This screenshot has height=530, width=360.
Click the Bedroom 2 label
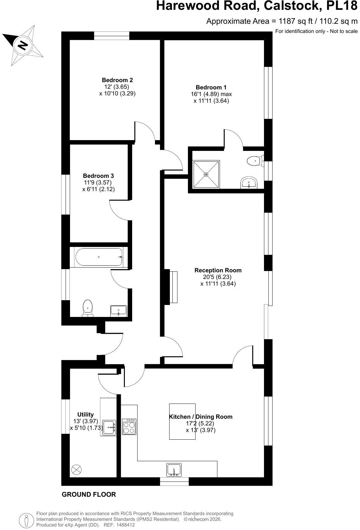pyautogui.click(x=117, y=80)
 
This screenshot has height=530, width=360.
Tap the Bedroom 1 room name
pyautogui.click(x=211, y=87)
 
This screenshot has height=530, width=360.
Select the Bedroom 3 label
pyautogui.click(x=98, y=176)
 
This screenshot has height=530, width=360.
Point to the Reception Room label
pyautogui.click(x=218, y=270)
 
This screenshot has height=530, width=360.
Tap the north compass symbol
pyautogui.click(x=23, y=45)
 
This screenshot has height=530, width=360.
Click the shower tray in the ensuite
pyautogui.click(x=206, y=174)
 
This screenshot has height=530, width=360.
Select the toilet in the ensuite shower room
pyautogui.click(x=255, y=161)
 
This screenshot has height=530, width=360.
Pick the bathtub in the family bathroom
pyautogui.click(x=99, y=257)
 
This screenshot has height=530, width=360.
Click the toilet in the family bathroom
pyautogui.click(x=88, y=308)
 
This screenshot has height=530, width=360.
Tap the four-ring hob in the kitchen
pyautogui.click(x=129, y=427)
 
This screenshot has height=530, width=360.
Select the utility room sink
pyautogui.click(x=109, y=428)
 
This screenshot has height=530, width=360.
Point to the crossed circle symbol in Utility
pyautogui.click(x=76, y=469)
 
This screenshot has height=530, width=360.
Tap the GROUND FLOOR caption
pyautogui.click(x=89, y=494)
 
